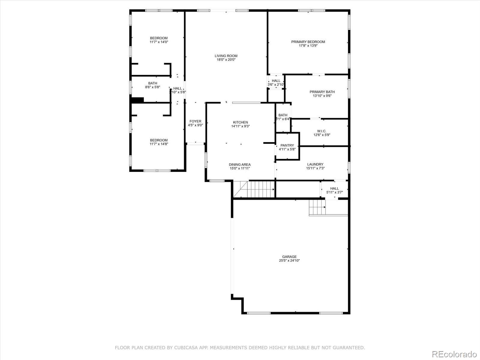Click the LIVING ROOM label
pyautogui.click(x=226, y=56)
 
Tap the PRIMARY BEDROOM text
pyautogui.click(x=308, y=42)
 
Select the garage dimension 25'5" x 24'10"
pyautogui.click(x=289, y=261)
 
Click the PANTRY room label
pyautogui.click(x=287, y=145)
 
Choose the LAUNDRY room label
pyautogui.click(x=315, y=164)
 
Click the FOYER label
pyautogui.click(x=195, y=121)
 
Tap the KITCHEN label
pyautogui.click(x=241, y=122)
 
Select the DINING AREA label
pyautogui.click(x=240, y=164)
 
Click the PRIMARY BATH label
pyautogui.click(x=322, y=92)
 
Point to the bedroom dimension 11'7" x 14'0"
pyautogui.click(x=159, y=42)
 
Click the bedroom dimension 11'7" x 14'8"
pyautogui.click(x=159, y=144)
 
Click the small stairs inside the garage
pyautogui.click(x=317, y=207)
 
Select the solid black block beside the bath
pyautogui.click(x=138, y=100)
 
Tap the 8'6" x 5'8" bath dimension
pyautogui.click(x=152, y=87)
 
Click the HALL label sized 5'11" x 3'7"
pyautogui.click(x=334, y=188)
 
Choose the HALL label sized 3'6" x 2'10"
pyautogui.click(x=276, y=81)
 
